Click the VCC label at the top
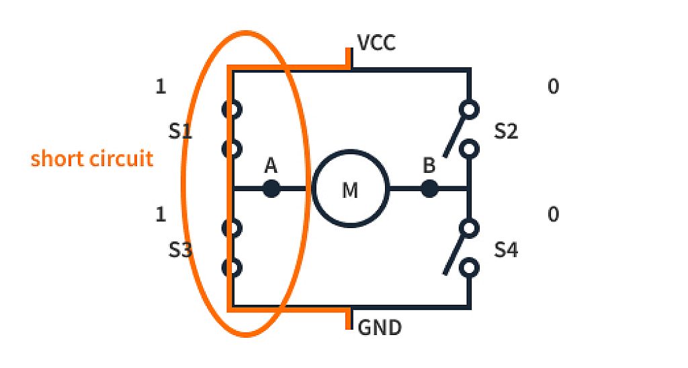click(376, 44)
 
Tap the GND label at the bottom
click(380, 328)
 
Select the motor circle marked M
click(350, 189)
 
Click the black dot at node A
click(271, 188)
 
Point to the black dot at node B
click(429, 188)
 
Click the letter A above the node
click(271, 165)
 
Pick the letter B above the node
click(429, 165)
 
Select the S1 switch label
click(180, 131)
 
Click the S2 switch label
click(506, 131)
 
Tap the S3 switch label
click(180, 251)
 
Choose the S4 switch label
click(506, 251)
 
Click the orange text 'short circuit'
click(92, 159)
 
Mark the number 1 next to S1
click(161, 87)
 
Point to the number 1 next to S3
click(161, 215)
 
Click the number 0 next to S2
click(553, 87)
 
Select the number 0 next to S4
click(553, 215)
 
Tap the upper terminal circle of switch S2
click(470, 108)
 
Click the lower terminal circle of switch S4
click(470, 268)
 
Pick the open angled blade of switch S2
click(454, 135)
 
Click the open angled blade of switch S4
click(454, 253)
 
